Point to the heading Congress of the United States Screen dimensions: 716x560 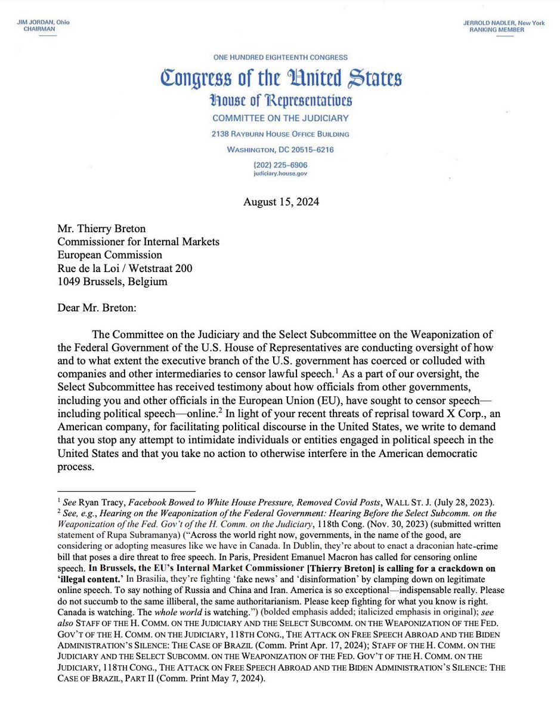point(280,78)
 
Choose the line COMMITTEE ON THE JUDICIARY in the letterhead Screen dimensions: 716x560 point(280,118)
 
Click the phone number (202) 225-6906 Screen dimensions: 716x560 point(280,165)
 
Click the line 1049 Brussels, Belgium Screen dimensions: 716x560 point(112,282)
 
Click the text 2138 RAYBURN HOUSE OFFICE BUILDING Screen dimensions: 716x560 point(280,134)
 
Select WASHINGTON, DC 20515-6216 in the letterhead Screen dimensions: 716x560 point(280,150)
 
